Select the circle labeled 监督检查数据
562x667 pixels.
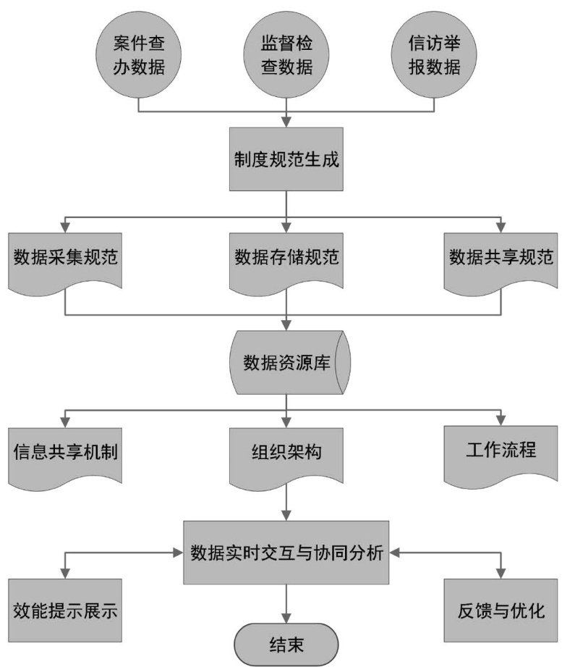tap(287, 56)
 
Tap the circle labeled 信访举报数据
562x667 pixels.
tap(434, 56)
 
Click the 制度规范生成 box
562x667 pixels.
tap(287, 160)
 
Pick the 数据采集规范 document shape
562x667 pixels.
tap(65, 259)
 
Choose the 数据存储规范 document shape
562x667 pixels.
tap(287, 259)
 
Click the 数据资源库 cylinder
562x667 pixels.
tap(287, 361)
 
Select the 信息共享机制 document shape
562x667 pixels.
tap(65, 452)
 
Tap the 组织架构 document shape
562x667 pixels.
tap(287, 452)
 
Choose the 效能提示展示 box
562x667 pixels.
tap(65, 610)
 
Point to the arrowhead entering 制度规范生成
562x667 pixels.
tap(287, 125)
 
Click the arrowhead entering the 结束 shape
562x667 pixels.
tap(287, 618)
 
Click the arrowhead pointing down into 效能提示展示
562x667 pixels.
tap(65, 574)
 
